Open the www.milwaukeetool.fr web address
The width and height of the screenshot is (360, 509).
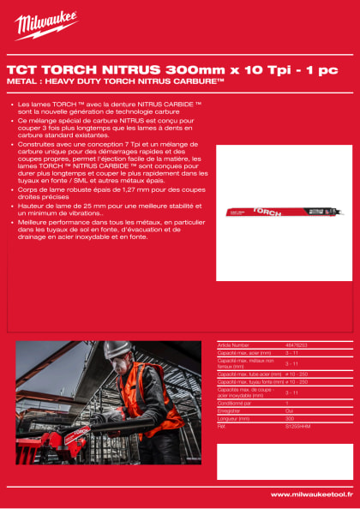[x=310, y=494]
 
